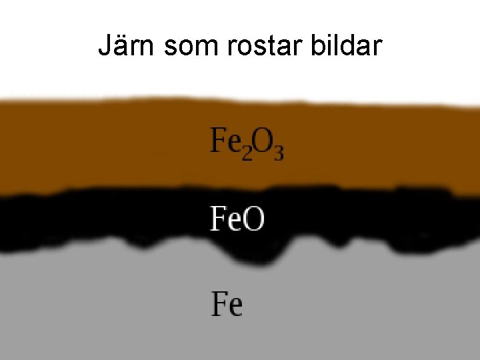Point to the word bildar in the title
tap(347, 46)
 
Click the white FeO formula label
tap(237, 219)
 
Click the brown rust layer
tap(100, 147)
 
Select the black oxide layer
tap(100, 220)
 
